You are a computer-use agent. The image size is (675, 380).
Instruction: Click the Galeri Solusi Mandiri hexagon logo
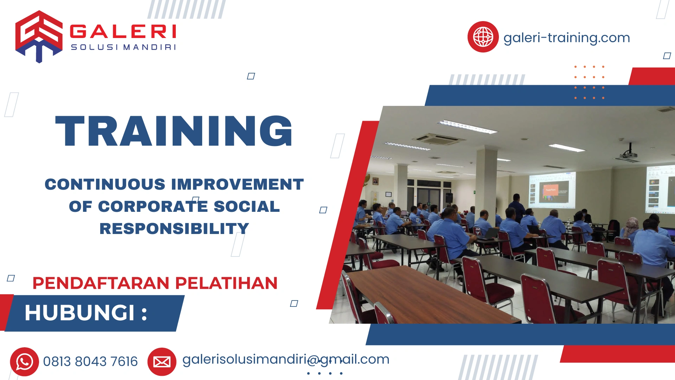(x=39, y=36)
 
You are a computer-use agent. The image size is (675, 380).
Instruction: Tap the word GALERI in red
(x=123, y=32)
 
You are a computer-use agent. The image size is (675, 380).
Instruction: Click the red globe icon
(x=483, y=37)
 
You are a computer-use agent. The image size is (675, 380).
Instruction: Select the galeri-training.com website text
(x=566, y=38)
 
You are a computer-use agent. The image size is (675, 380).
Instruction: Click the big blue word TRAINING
(x=174, y=131)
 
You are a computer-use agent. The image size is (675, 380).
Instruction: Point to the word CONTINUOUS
(x=105, y=184)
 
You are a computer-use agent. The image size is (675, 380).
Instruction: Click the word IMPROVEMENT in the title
(x=237, y=184)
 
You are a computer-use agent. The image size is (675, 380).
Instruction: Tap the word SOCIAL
(x=246, y=207)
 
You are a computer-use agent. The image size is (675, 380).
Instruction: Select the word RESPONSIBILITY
(x=174, y=229)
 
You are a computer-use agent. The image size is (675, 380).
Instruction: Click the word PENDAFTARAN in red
(x=101, y=283)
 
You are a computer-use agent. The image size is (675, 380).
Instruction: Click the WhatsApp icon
(x=24, y=362)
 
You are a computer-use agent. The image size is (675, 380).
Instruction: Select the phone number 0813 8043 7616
(x=90, y=362)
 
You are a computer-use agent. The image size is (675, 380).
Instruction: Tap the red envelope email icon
(x=162, y=362)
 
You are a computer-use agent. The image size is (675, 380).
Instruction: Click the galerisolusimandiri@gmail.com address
(x=285, y=360)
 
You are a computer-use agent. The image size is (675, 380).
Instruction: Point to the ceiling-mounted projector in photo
(x=629, y=154)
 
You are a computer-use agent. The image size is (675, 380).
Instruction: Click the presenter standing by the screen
(x=516, y=208)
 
